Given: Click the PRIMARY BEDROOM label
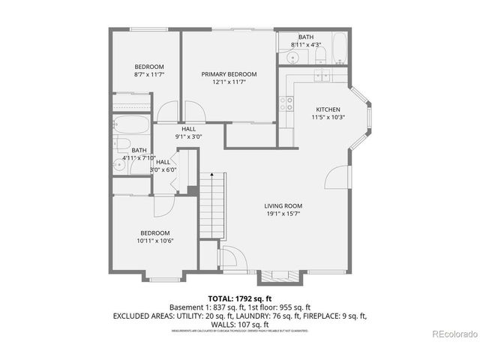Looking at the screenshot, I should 229,74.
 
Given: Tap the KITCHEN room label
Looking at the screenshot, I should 328,108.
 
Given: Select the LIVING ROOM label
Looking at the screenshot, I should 282,205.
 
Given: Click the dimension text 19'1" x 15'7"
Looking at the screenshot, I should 282,214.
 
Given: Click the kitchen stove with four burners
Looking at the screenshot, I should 286,104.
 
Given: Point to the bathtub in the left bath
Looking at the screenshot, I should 131,125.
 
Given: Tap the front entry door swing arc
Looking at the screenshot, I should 229,259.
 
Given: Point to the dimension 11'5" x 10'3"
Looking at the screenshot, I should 328,116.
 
